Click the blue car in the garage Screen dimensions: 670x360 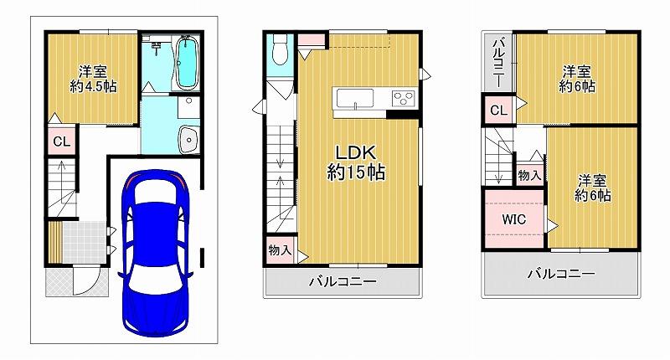156,253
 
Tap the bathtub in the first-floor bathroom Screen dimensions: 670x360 185,62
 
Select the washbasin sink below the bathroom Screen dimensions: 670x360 188,139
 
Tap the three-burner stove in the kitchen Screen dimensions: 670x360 404,98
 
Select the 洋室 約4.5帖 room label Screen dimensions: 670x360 93,79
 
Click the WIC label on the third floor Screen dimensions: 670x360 513,219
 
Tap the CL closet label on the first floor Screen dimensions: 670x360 61,141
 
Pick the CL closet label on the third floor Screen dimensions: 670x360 498,111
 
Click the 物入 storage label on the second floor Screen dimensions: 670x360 280,249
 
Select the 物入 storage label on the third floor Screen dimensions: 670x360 529,175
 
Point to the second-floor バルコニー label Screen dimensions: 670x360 343,281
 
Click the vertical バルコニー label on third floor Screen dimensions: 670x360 498,63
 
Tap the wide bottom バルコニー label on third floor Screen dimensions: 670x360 561,273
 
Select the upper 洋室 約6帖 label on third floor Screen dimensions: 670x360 577,79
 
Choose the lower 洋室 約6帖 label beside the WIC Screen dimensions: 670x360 593,188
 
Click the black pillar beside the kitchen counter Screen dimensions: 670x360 402,114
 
